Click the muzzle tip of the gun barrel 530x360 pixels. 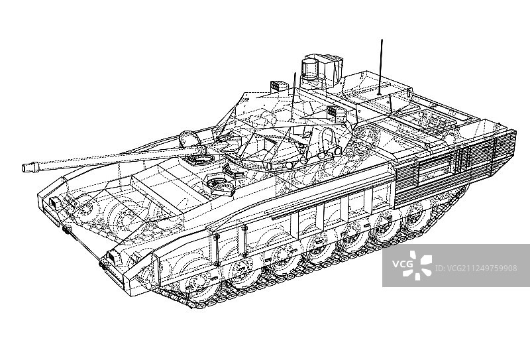pyautogui.click(x=24, y=168)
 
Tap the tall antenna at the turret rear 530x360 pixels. pyautogui.click(x=381, y=67)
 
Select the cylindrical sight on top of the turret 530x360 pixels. pyautogui.click(x=309, y=70)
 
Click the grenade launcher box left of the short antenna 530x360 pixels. pyautogui.click(x=276, y=86)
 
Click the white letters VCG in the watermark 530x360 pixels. pyautogui.click(x=402, y=264)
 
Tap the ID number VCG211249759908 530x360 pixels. pyautogui.click(x=476, y=269)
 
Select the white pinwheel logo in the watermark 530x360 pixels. pyautogui.click(x=420, y=265)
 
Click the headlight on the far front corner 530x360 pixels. pyautogui.click(x=55, y=203)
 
